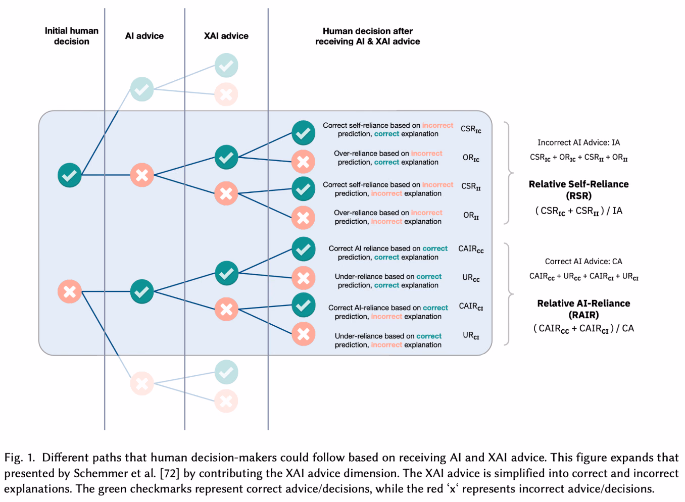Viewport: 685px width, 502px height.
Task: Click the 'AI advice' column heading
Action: click(x=144, y=36)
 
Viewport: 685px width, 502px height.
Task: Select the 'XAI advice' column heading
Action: click(x=226, y=36)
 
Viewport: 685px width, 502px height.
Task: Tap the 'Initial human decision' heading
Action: click(x=72, y=36)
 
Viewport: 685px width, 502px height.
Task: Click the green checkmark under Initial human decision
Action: click(x=70, y=175)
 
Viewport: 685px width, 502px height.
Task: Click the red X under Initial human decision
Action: click(x=70, y=291)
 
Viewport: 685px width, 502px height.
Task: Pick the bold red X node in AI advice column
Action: click(x=142, y=175)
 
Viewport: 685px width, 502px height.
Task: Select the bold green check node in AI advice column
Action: click(x=142, y=291)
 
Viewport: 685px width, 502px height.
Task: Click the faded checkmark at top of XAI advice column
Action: click(x=226, y=65)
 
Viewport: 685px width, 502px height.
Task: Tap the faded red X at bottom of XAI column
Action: click(x=226, y=401)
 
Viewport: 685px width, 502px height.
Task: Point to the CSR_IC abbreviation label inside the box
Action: click(x=471, y=129)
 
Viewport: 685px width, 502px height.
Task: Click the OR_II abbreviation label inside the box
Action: click(x=471, y=216)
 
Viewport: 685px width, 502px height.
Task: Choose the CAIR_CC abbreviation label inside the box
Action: click(x=471, y=249)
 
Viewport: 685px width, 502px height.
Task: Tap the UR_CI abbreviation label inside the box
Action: click(x=471, y=335)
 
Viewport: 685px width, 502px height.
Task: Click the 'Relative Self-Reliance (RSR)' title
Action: click(x=578, y=189)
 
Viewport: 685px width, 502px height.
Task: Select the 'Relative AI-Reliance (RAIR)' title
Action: click(x=583, y=309)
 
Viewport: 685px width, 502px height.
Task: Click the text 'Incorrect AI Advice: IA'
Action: click(x=578, y=142)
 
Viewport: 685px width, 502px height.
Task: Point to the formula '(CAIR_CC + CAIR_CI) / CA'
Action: click(x=583, y=329)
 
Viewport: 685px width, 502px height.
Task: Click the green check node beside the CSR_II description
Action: click(x=304, y=189)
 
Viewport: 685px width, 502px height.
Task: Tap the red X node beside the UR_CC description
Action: click(x=304, y=278)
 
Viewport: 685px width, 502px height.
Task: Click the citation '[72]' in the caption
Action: click(x=170, y=473)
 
